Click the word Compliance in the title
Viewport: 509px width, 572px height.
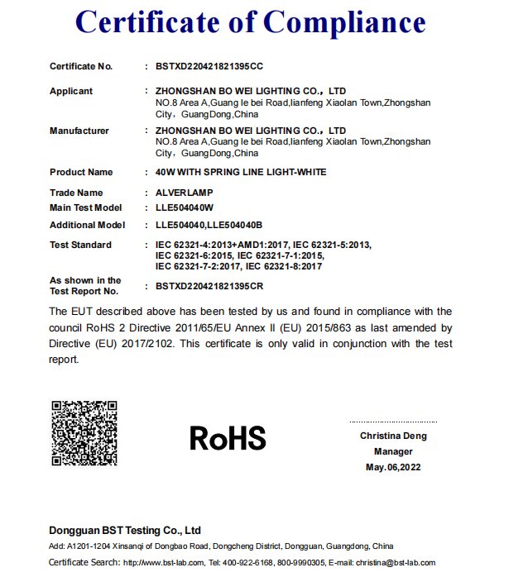click(348, 22)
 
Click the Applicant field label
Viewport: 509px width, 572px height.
click(71, 91)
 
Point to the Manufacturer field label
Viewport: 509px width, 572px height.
click(79, 131)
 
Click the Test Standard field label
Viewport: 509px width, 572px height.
click(80, 245)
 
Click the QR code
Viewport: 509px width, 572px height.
click(84, 433)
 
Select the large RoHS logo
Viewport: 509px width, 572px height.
click(228, 437)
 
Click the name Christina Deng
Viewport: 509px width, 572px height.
click(393, 436)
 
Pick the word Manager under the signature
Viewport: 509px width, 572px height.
click(393, 452)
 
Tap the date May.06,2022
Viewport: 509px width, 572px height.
click(393, 468)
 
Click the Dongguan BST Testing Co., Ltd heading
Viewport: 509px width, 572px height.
click(125, 530)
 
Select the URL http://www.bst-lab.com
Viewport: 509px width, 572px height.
click(164, 563)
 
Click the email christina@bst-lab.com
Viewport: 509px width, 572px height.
click(396, 563)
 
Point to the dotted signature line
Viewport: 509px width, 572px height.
click(392, 422)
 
